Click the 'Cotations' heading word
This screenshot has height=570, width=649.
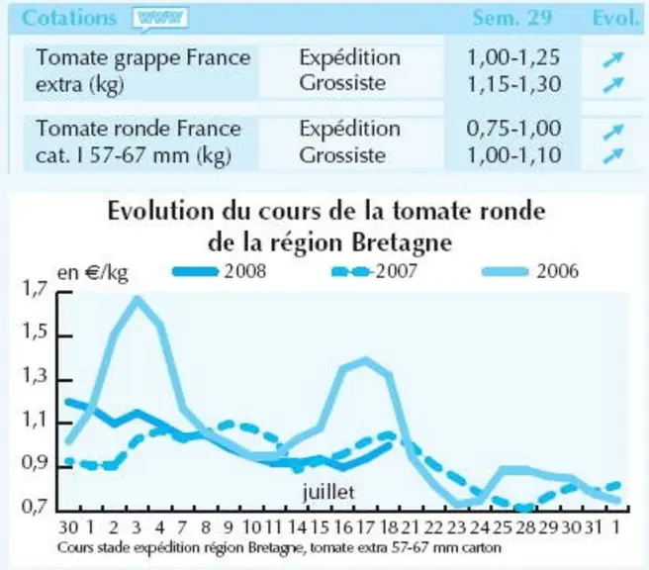69,18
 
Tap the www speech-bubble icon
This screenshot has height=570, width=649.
160,19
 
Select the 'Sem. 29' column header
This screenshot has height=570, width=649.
512,18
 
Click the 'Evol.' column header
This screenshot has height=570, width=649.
616,18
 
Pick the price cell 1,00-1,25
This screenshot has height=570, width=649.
513,57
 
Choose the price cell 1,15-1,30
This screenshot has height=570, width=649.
513,84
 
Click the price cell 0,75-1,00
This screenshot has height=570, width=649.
513,129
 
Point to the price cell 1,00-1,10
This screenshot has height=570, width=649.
513,155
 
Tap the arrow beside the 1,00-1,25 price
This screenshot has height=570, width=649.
613,59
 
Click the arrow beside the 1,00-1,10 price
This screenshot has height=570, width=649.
613,155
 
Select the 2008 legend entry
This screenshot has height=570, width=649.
219,271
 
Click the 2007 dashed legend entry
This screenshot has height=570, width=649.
375,271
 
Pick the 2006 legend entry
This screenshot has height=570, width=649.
530,271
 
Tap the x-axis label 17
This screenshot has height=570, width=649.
365,527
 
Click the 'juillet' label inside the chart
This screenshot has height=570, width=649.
328,492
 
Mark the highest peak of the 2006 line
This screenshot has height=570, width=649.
137,299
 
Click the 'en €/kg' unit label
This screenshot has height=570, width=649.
92,273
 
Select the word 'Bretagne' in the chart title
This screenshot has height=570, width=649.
402,243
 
